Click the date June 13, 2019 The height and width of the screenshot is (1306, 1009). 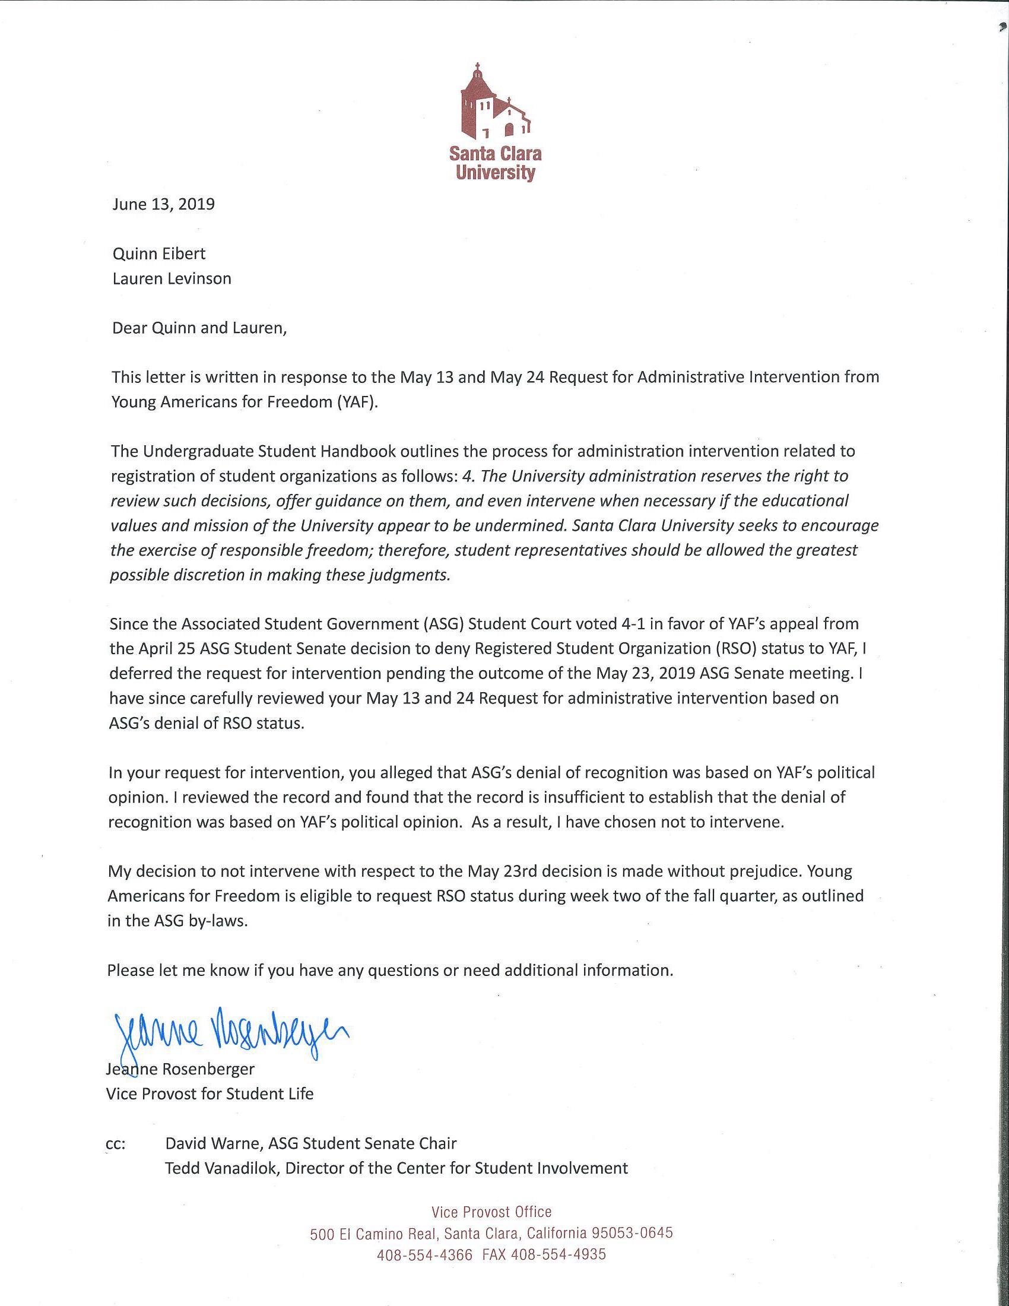(x=163, y=205)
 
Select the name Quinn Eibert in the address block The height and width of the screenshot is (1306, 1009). (x=158, y=253)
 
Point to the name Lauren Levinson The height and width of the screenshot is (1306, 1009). (x=172, y=278)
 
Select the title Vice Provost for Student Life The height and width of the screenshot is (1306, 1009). (x=209, y=1093)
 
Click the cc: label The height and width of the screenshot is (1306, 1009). (x=115, y=1143)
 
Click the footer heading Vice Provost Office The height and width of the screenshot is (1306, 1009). (x=491, y=1213)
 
